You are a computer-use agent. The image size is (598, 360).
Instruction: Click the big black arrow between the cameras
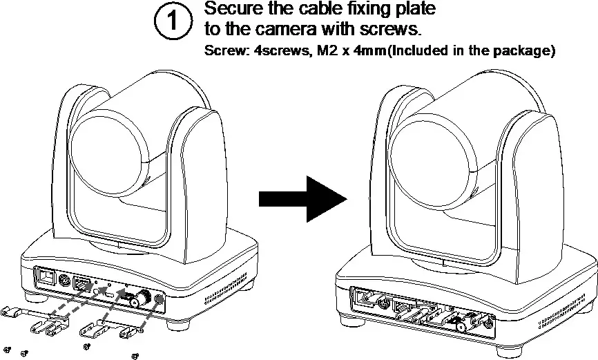(302, 198)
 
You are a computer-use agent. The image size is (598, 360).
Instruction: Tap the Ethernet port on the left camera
(47, 276)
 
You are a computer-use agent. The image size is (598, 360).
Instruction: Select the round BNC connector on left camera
(142, 299)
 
